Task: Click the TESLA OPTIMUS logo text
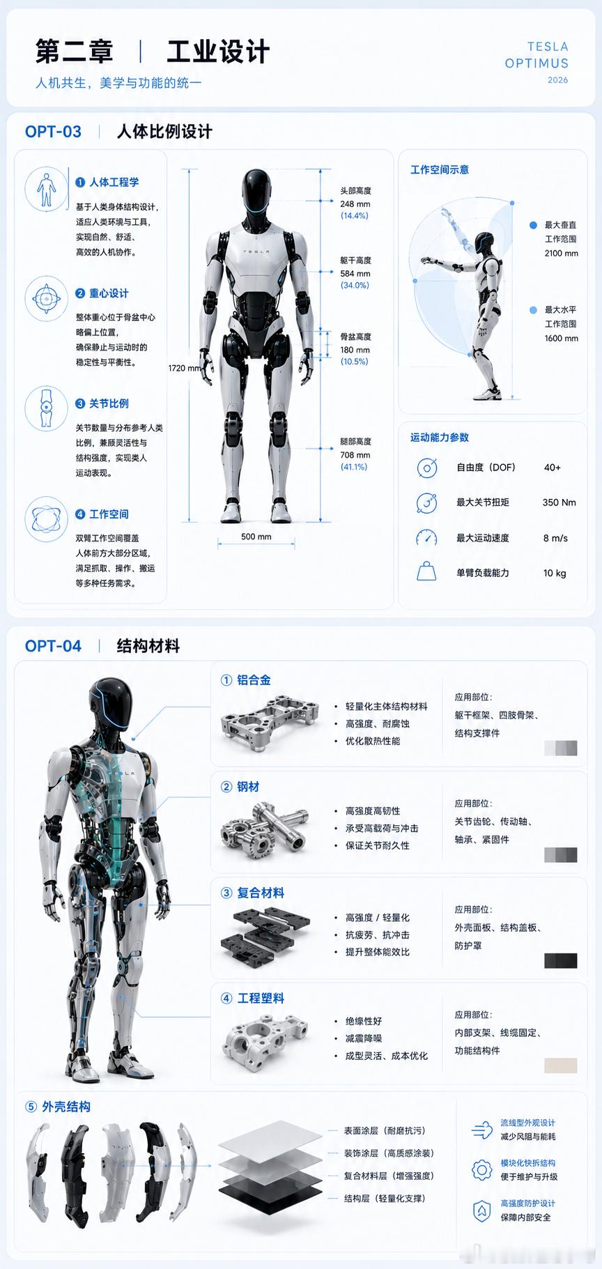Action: click(x=537, y=55)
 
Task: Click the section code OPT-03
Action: click(x=53, y=132)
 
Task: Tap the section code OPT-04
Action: click(x=53, y=646)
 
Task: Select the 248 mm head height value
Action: click(x=355, y=204)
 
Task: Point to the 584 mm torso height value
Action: click(x=355, y=274)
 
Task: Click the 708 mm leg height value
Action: click(x=355, y=455)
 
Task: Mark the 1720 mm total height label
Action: click(x=185, y=368)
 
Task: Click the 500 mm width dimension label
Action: click(x=256, y=537)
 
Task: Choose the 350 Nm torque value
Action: click(x=559, y=502)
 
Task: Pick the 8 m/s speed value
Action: click(x=555, y=538)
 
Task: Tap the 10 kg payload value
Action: click(x=555, y=573)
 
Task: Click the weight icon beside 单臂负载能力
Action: click(x=426, y=572)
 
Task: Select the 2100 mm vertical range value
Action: click(x=562, y=253)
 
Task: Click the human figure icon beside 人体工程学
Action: click(x=46, y=188)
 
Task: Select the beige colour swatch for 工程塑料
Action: click(x=561, y=1066)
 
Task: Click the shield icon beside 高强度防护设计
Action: click(x=481, y=1210)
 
